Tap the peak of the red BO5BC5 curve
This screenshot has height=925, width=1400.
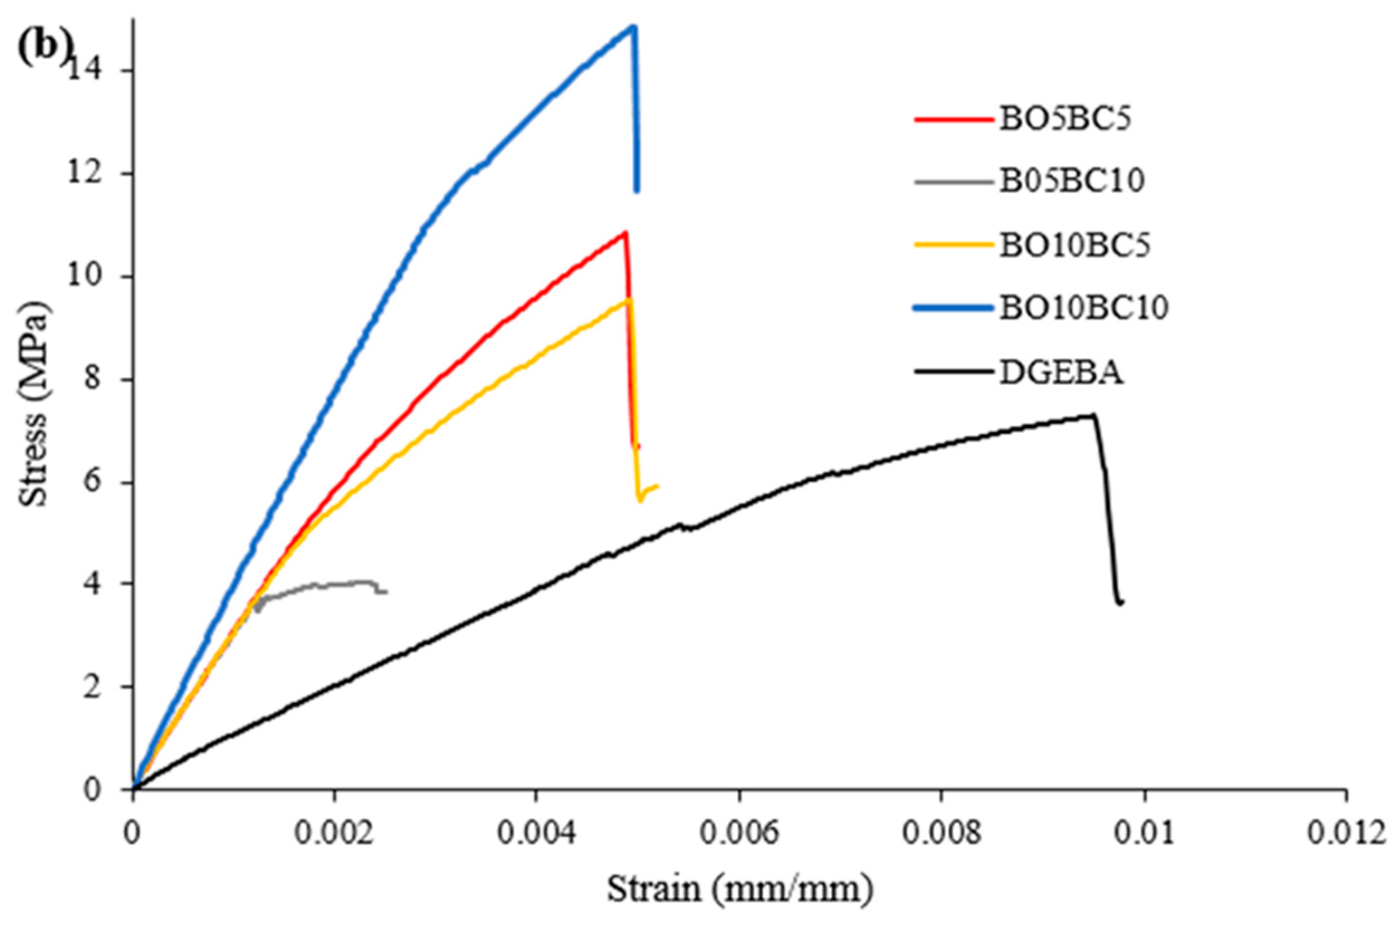pos(624,232)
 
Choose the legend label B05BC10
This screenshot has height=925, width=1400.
pos(1071,181)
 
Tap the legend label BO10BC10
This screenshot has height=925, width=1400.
pos(1083,307)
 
